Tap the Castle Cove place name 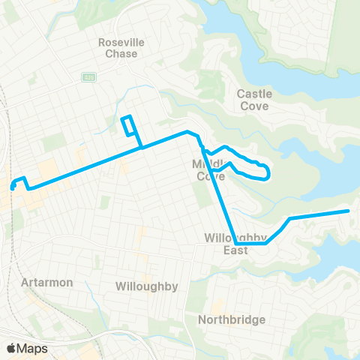coord(254,100)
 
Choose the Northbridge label coord(232,320)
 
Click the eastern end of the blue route coord(348,211)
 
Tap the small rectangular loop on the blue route coord(128,125)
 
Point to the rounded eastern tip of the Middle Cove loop coord(268,174)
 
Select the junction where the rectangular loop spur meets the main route coord(140,148)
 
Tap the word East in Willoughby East coord(235,250)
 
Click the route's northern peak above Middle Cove coord(187,132)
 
